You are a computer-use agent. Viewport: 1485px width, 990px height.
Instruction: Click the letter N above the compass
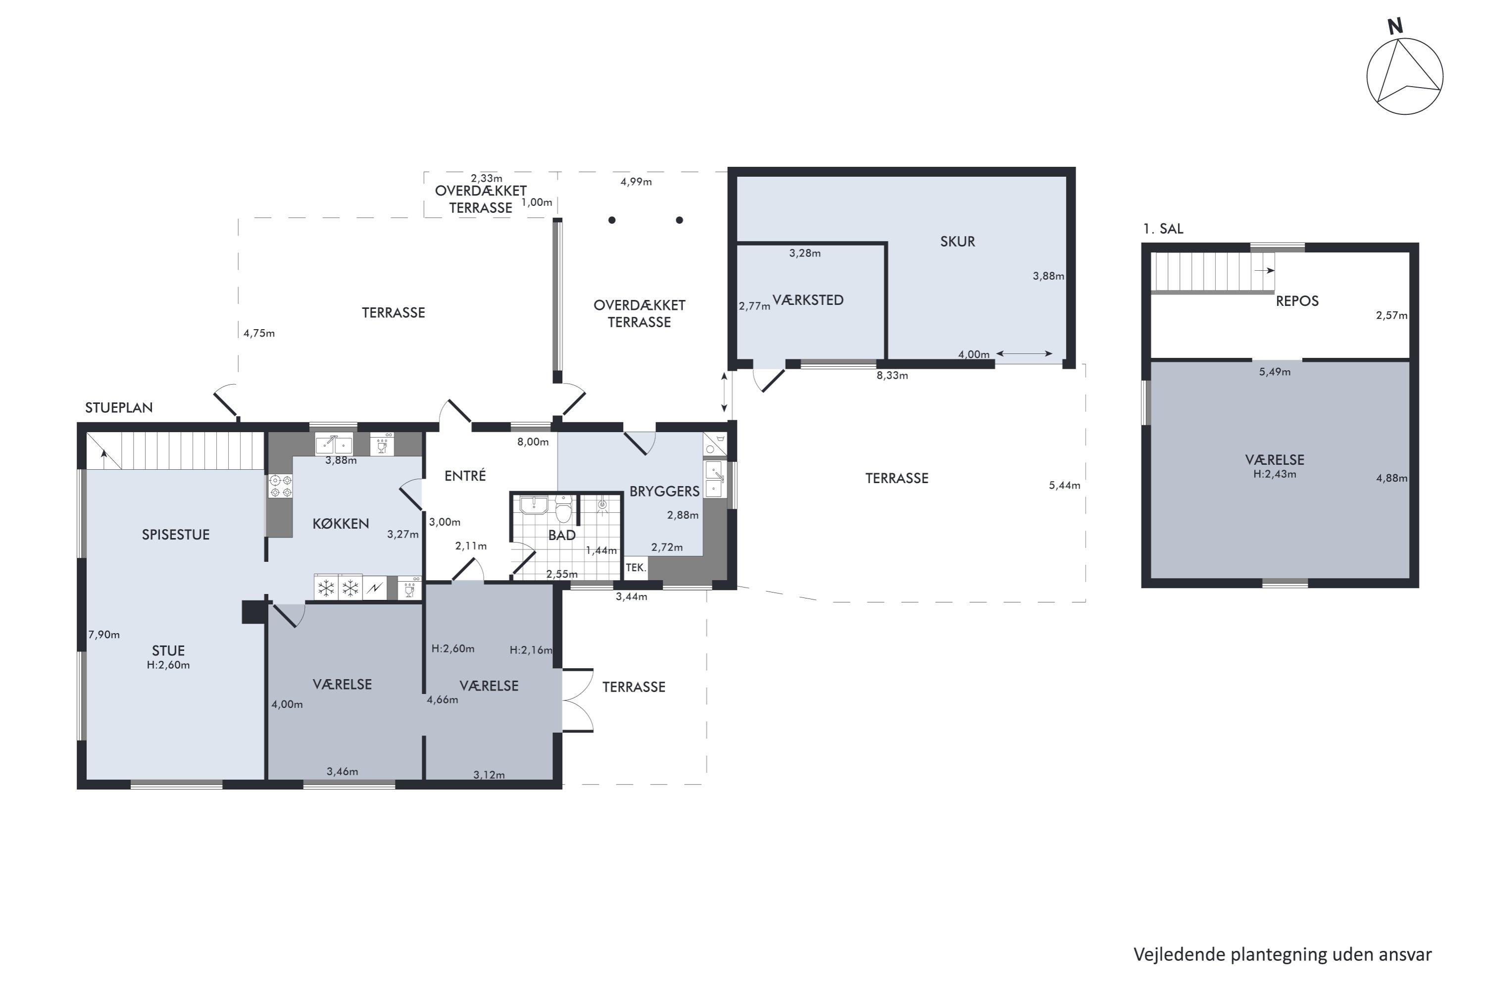1395,27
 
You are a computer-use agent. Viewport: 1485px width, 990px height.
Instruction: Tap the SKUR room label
957,241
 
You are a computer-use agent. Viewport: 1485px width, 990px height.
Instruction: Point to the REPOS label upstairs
1297,301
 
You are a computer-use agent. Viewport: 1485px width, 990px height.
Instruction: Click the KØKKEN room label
341,523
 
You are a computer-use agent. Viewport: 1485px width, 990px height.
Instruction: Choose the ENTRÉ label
465,475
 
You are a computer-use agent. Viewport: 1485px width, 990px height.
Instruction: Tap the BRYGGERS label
664,491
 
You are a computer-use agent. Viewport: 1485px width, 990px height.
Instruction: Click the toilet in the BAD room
563,509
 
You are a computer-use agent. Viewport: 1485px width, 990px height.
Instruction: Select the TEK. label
636,568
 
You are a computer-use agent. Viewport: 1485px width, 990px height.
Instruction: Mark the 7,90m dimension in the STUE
104,635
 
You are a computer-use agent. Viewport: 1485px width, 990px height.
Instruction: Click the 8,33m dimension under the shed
892,376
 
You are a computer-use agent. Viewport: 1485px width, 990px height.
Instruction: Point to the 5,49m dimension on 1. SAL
1275,372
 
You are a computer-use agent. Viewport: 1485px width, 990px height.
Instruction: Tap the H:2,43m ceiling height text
1275,474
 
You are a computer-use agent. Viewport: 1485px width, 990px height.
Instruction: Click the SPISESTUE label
176,535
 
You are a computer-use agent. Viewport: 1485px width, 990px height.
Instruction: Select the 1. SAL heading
1163,229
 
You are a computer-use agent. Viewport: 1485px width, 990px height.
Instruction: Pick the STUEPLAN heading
119,408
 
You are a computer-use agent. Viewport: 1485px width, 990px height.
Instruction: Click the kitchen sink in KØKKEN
334,445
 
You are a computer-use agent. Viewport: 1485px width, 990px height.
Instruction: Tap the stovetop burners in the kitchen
280,486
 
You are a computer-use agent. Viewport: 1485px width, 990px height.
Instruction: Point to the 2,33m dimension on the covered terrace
487,179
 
